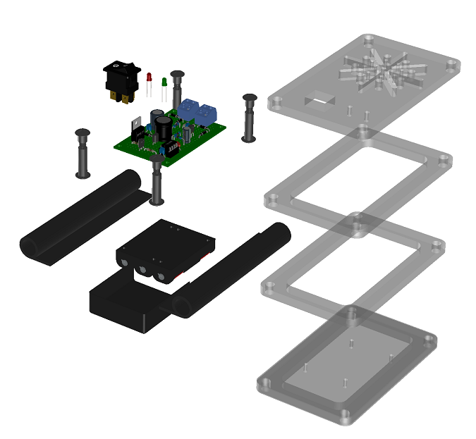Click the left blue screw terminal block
(188, 110)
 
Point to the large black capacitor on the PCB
(164, 128)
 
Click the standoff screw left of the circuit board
(83, 152)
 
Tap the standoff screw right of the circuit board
(248, 117)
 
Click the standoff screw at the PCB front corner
(157, 182)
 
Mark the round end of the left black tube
(32, 248)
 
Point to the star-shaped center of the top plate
(385, 70)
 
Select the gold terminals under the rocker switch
(121, 97)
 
